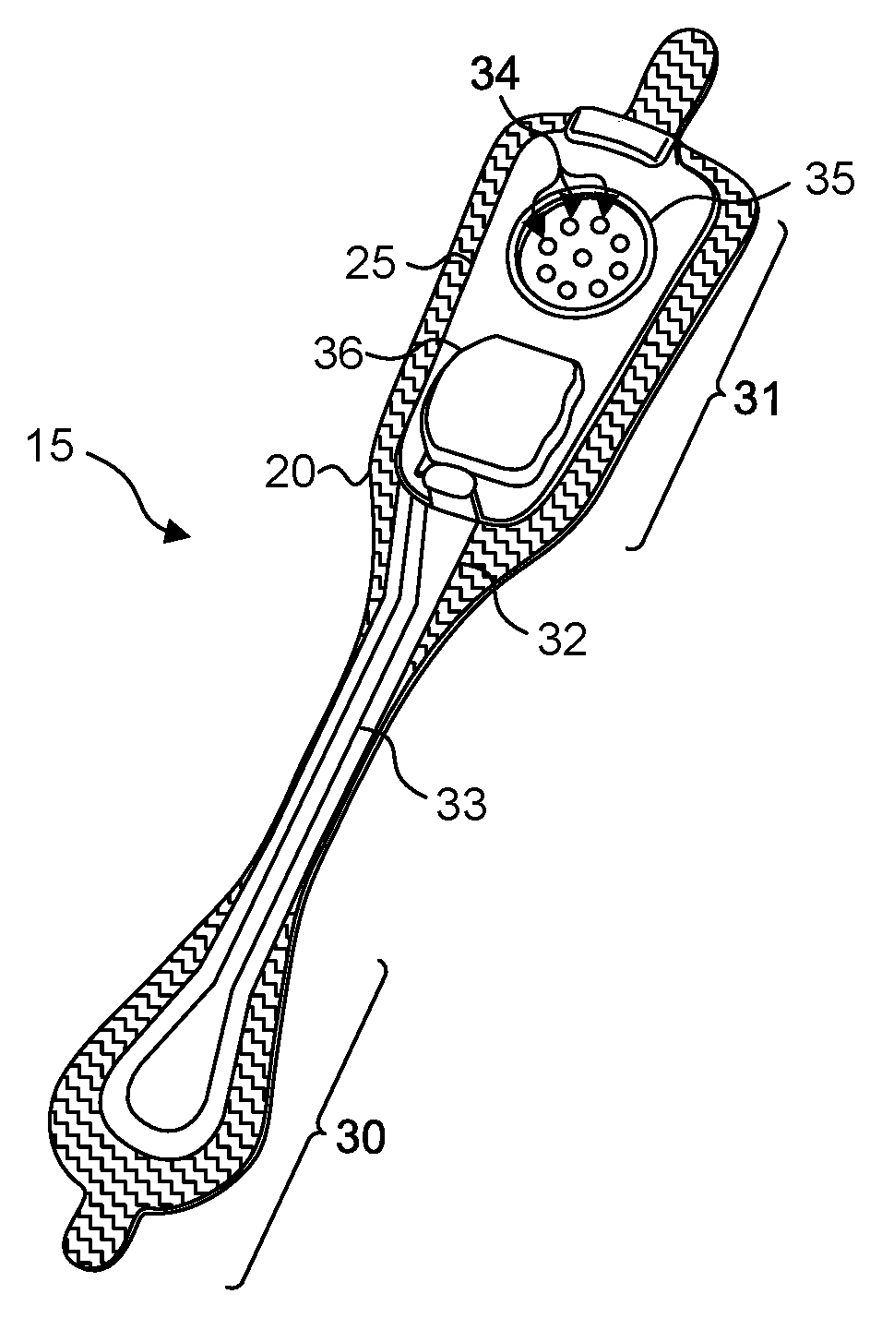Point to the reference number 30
click(358, 1138)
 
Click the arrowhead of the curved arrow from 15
click(175, 533)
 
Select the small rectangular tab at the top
click(619, 135)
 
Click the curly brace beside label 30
click(309, 1126)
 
